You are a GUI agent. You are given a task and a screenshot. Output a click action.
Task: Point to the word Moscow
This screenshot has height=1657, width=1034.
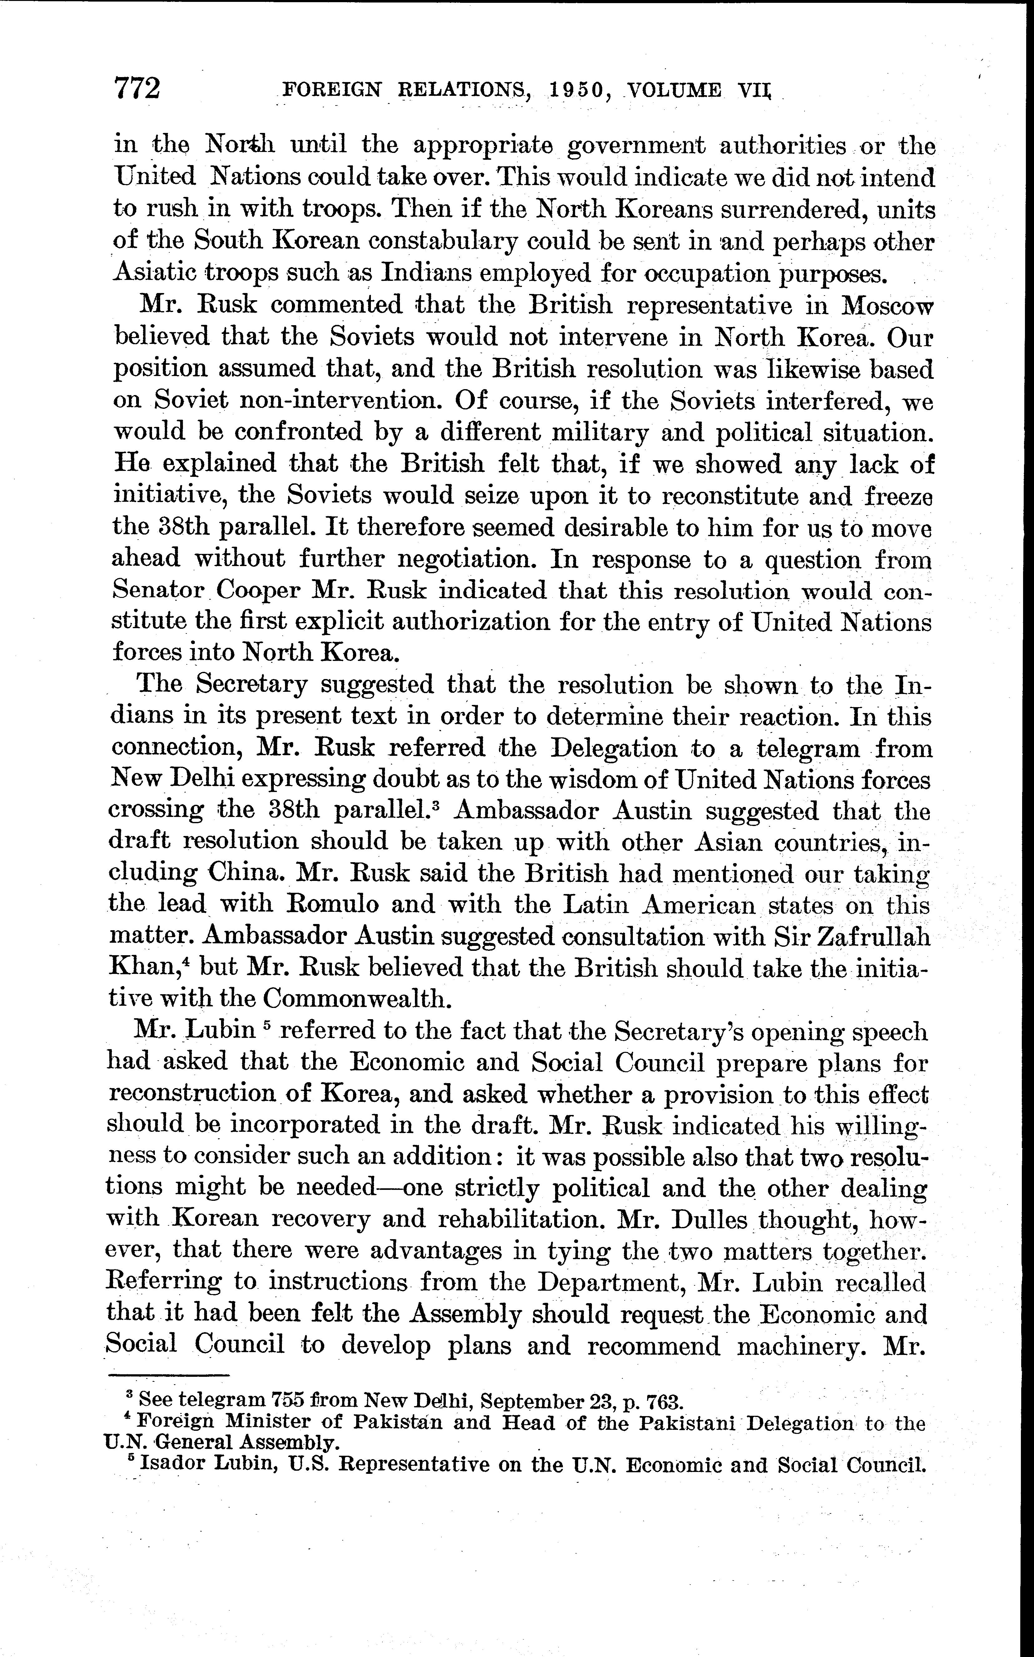pyautogui.click(x=887, y=305)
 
